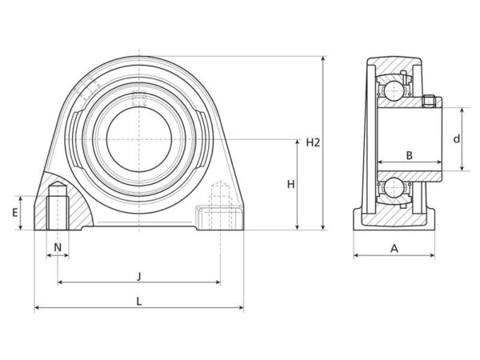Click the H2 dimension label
313,142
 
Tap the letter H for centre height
290,184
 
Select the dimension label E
15,212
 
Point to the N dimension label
58,247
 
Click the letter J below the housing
139,276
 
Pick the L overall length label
139,302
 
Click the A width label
394,248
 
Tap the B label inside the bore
410,155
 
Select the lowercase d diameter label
457,138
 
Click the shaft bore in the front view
138,139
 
